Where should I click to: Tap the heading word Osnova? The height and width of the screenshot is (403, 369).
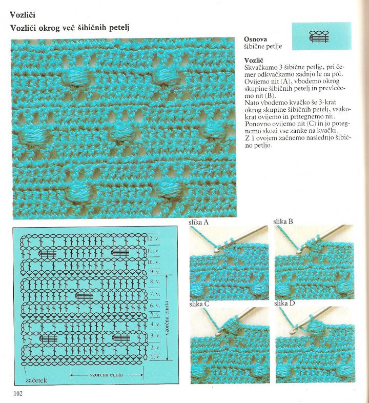pos(255,39)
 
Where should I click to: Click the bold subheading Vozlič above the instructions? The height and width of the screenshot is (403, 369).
pos(254,61)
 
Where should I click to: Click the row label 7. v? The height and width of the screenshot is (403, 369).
pos(154,294)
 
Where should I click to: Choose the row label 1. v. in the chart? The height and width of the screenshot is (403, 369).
pos(154,357)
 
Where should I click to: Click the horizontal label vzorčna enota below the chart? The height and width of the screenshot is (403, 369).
pos(106,375)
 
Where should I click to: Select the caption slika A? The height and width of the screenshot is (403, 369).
pos(199,223)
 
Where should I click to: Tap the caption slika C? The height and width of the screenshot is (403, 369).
pos(199,304)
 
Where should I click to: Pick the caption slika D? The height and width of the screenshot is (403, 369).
pos(283,304)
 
